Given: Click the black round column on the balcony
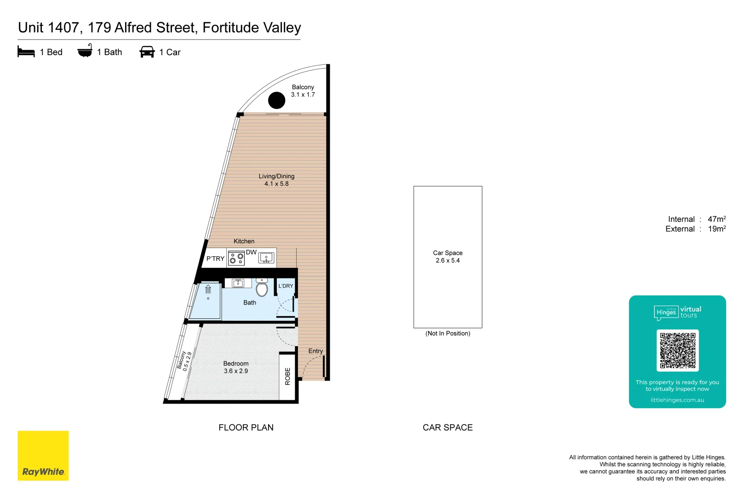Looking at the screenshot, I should coord(276,100).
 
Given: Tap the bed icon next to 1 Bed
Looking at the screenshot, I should coord(26,52).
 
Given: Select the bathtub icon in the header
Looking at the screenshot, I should coord(85,51).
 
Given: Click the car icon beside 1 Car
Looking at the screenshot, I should coord(147,52).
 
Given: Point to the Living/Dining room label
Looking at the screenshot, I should coord(276,176).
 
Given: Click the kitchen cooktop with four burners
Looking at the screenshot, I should coord(236,258).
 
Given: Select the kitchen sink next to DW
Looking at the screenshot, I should coord(266,258).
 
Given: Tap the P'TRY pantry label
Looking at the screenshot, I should coord(215,259).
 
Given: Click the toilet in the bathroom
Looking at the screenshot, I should coord(262,289).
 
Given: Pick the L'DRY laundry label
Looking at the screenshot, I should coord(286,286).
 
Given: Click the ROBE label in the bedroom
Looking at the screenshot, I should coord(288,376).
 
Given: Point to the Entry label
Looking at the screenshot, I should coord(315,351).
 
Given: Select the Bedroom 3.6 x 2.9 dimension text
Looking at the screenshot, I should coord(236,371).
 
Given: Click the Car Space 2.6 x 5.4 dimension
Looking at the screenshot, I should coord(447,260).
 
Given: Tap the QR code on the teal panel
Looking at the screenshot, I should coord(677,350).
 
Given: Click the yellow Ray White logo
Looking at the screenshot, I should coord(43,456).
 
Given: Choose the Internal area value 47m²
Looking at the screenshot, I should coord(716,219).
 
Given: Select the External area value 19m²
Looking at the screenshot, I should coord(716,229).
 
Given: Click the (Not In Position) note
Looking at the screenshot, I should coord(447,334).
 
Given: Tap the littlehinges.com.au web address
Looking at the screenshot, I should coord(677,400).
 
